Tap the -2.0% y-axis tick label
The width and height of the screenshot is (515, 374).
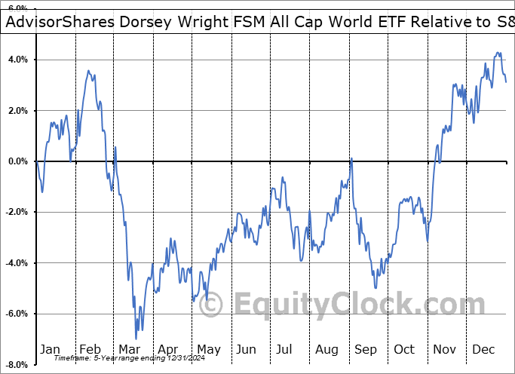tap(17, 212)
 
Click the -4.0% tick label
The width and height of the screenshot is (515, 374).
tap(17, 263)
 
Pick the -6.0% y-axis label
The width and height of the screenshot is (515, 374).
tap(17, 314)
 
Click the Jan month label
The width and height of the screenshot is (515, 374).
tap(50, 349)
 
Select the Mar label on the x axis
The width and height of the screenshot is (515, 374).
tap(128, 349)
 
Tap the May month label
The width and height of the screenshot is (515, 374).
tap(208, 349)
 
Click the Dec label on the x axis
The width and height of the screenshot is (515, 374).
tap(483, 349)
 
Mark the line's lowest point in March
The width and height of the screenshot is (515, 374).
tap(136, 339)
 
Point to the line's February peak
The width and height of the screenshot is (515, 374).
tap(88, 71)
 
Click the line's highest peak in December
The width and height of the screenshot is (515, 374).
tap(498, 53)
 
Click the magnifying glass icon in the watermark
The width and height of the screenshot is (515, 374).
tap(213, 305)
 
